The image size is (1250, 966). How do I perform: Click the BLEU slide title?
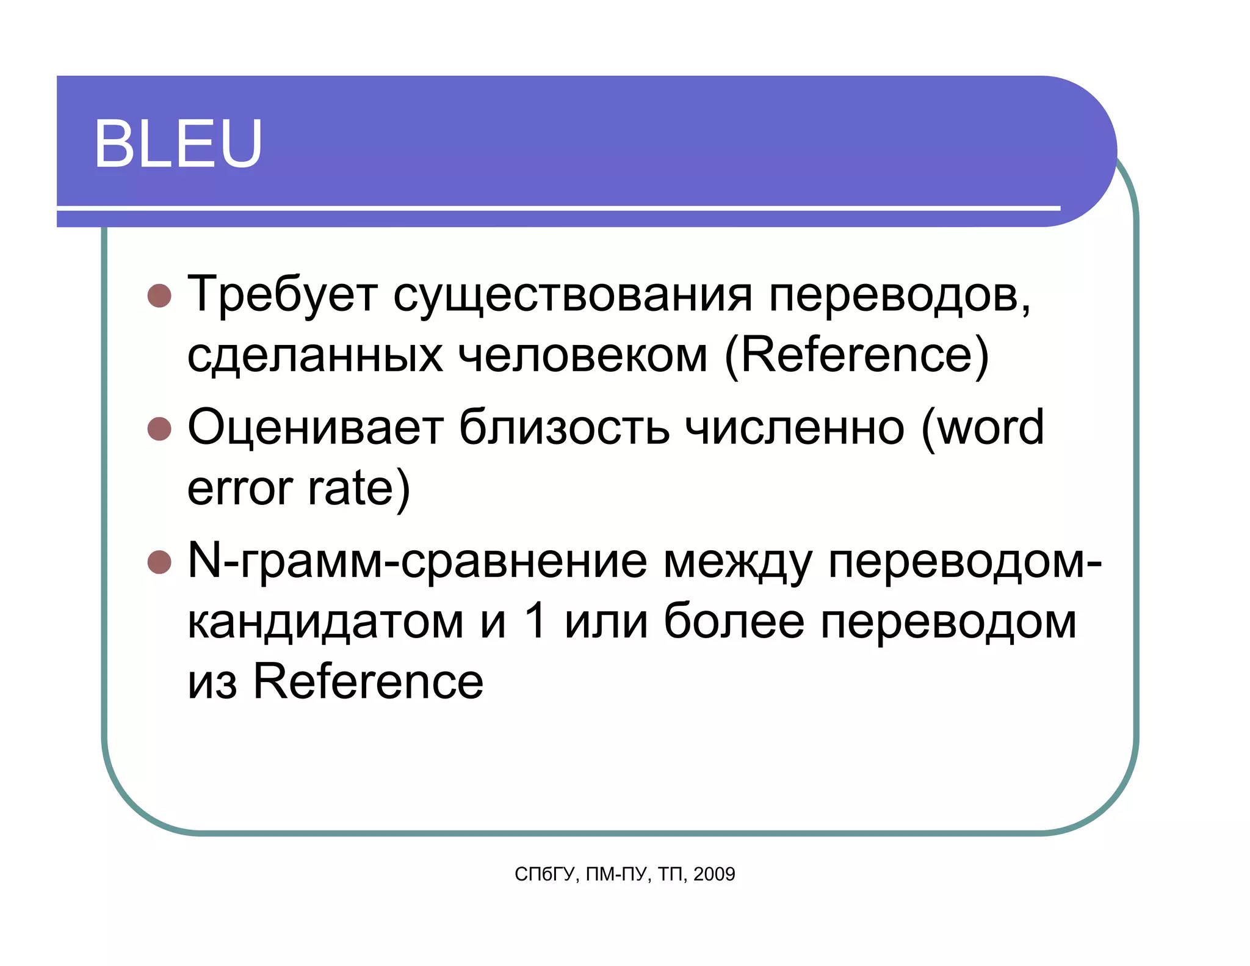tap(178, 143)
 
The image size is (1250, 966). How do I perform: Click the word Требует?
tap(282, 295)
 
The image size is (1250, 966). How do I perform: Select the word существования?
tap(572, 295)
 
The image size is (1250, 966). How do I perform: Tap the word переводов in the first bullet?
tap(898, 295)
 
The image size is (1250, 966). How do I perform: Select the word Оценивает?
tap(315, 427)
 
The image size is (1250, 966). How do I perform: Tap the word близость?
tap(564, 427)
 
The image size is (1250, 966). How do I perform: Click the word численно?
tap(794, 427)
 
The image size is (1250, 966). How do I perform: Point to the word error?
tap(240, 488)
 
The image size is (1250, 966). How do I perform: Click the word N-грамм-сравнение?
tap(417, 561)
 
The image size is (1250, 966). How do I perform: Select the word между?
tap(737, 561)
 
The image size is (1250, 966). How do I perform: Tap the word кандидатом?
tap(325, 622)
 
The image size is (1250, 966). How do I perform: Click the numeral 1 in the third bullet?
tap(535, 622)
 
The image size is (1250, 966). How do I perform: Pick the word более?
tap(734, 622)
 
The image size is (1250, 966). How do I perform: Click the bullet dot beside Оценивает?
tap(159, 429)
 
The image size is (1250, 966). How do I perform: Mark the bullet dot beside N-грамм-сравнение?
tap(159, 562)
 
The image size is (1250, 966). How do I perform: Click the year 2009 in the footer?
tap(714, 874)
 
